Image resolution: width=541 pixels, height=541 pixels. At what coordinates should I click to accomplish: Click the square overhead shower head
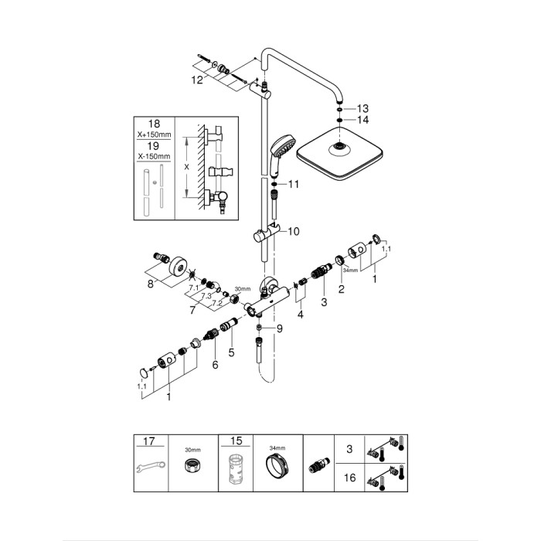[x=341, y=155]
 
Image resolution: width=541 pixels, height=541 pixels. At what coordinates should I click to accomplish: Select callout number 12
[x=199, y=79]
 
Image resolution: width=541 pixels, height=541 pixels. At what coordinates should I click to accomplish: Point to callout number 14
[x=362, y=120]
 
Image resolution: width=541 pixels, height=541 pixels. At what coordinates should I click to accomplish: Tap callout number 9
[x=281, y=328]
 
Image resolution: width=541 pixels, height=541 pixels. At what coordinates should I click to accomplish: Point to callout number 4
[x=301, y=315]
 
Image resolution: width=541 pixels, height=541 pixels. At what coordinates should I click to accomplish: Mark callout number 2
[x=341, y=288]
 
